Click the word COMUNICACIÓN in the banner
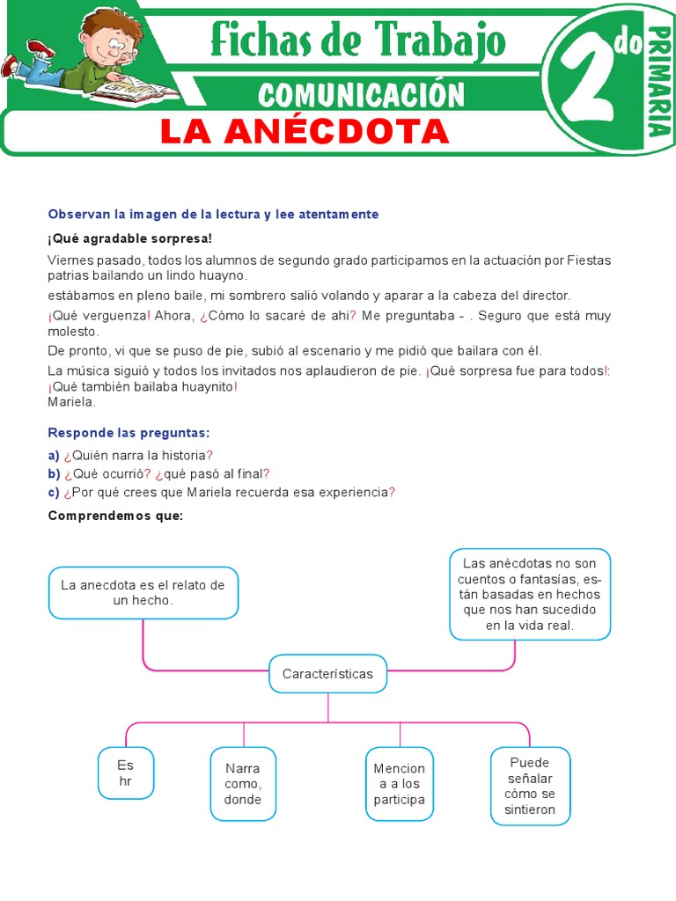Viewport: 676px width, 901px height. pos(361,93)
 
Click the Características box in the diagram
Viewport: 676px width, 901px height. pos(327,674)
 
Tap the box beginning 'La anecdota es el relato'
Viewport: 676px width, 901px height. pos(143,592)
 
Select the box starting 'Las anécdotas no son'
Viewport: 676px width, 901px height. pos(529,594)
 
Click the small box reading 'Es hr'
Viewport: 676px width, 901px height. pos(126,773)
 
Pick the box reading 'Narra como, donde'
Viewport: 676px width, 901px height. pos(243,783)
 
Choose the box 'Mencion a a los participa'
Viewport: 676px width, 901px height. pos(400,783)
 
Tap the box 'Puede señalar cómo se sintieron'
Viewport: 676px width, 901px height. pos(529,786)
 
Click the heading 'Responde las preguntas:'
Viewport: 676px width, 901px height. pos(129,433)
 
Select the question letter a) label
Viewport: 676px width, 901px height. pos(54,455)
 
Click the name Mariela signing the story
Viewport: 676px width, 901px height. pos(71,402)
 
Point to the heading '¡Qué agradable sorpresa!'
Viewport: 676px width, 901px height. pos(130,238)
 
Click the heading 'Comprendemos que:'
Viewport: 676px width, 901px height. pos(114,516)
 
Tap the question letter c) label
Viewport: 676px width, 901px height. pos(54,493)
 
